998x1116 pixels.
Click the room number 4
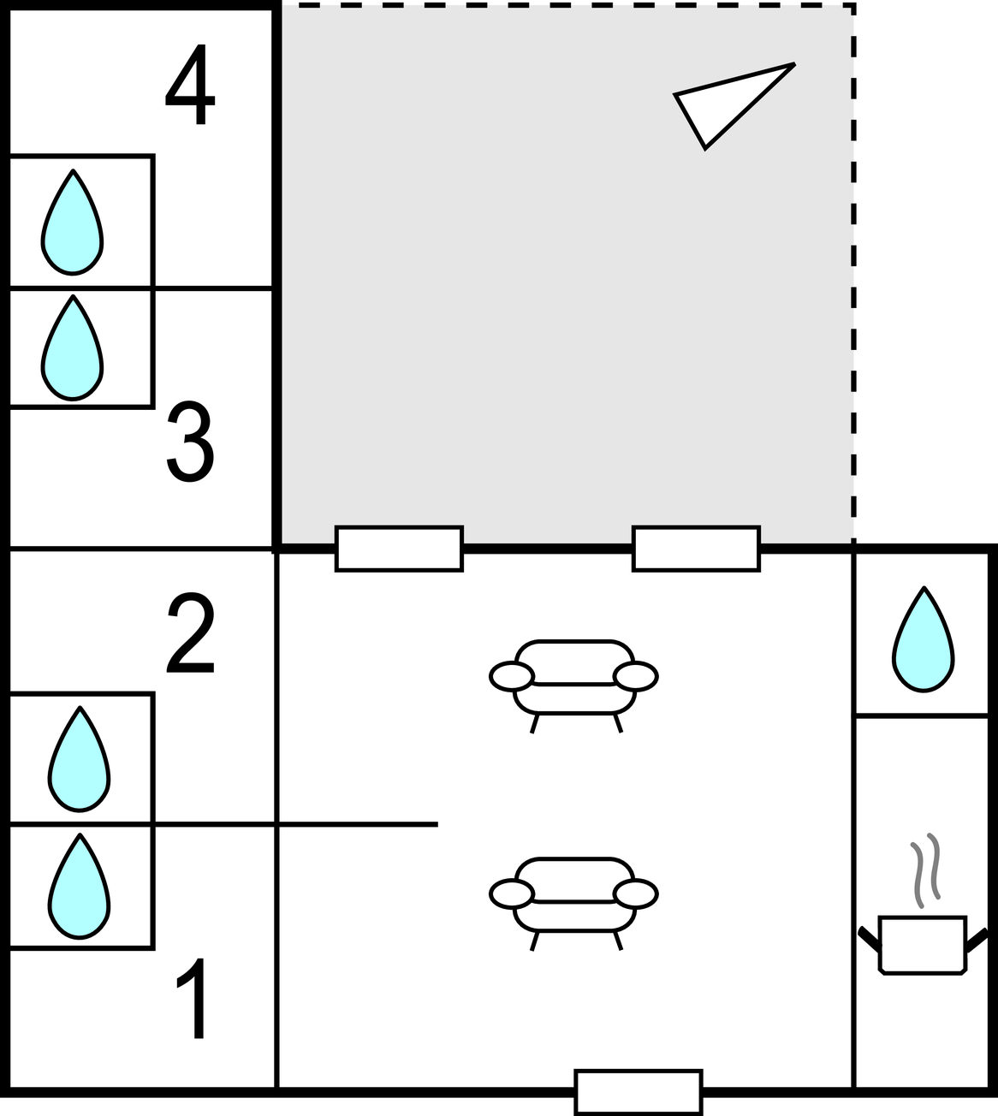[190, 84]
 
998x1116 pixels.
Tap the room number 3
[190, 441]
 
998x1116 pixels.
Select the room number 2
[190, 632]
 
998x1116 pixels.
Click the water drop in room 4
[72, 222]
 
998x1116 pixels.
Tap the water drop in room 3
[72, 347]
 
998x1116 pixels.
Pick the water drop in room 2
[80, 759]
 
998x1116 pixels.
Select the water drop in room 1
[80, 886]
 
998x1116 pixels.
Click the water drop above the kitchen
[924, 639]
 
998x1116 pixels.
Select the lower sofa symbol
[573, 905]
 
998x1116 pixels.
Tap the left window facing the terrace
[399, 549]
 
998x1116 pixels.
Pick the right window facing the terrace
[696, 549]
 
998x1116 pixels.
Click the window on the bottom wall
[639, 1092]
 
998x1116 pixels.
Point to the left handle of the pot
[870, 940]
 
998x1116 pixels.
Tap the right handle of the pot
[977, 940]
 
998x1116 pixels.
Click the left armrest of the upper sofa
[511, 676]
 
